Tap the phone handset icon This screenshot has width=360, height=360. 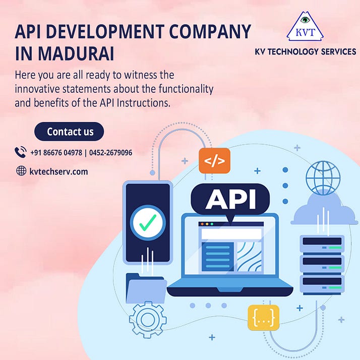[x=21, y=152]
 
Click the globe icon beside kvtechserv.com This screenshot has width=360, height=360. [x=21, y=171]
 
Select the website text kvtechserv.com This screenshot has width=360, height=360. [x=58, y=171]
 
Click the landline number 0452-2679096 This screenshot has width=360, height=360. [x=111, y=152]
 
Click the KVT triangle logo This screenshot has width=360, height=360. [x=305, y=28]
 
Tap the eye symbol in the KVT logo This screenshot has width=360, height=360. [x=305, y=21]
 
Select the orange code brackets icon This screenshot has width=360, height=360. [x=214, y=161]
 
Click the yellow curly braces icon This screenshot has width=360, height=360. [x=263, y=317]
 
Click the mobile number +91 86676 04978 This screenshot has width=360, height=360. [x=55, y=152]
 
